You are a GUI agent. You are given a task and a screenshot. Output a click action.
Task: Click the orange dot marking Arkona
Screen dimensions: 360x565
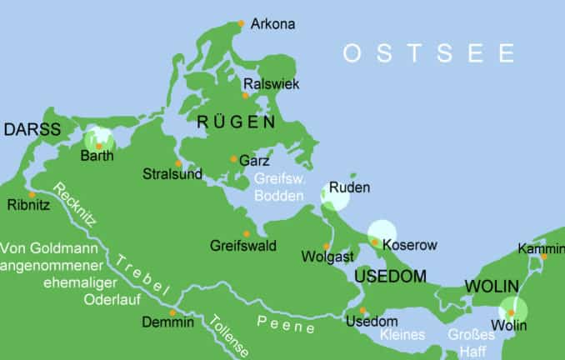pos(242,23)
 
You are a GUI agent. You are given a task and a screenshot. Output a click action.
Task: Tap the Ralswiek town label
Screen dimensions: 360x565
pos(271,84)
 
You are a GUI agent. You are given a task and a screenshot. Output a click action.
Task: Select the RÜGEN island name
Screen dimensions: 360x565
pos(236,122)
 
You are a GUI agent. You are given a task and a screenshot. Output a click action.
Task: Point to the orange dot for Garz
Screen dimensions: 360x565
pos(233,159)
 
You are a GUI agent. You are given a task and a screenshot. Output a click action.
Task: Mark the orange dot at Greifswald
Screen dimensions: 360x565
pos(246,233)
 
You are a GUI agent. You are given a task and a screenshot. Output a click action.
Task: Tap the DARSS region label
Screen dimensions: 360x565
pos(32,129)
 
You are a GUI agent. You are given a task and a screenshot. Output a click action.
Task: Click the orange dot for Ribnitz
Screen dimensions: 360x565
pos(32,195)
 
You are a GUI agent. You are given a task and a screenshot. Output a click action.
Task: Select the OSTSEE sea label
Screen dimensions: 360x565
pos(429,54)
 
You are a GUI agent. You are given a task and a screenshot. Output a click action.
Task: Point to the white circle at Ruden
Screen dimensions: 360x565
pos(335,193)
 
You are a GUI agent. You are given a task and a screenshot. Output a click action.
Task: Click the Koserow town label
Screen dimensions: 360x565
pos(409,245)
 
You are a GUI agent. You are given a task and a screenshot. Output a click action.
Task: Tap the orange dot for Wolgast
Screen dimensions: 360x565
pos(327,246)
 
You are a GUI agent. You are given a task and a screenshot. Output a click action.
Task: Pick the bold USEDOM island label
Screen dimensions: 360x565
pos(390,276)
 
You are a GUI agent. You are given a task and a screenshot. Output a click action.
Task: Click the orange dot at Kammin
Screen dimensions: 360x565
pos(544,257)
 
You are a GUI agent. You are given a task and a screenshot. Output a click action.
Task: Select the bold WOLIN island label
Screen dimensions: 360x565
pos(492,286)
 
